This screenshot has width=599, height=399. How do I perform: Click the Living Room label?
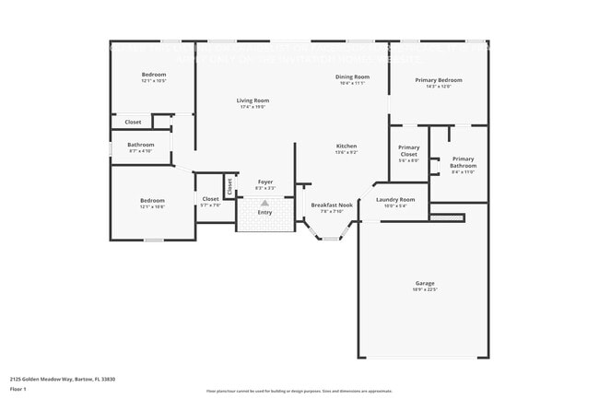coord(253,100)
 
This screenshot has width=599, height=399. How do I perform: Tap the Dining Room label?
coord(352,76)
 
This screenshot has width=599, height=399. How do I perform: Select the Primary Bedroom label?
coord(438,80)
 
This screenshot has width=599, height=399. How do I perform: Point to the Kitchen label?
coord(346,146)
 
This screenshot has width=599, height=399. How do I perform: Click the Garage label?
coord(425,283)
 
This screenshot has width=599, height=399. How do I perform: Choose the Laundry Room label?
coord(395,199)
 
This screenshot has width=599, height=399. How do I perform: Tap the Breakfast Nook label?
coord(332,205)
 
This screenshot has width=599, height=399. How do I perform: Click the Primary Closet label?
coord(408,150)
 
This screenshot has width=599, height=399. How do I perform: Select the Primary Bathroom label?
coord(463,162)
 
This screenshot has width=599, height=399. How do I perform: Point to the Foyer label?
coord(265,182)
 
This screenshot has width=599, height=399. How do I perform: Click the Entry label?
coord(265,212)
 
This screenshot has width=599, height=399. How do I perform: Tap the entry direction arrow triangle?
coord(265,202)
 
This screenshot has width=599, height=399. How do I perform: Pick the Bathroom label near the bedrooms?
coord(141,145)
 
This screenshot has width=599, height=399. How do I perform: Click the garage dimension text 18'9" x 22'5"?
coord(425,289)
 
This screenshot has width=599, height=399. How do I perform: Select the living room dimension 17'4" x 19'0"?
coord(253,107)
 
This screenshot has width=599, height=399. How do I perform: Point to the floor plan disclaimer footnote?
coord(299,391)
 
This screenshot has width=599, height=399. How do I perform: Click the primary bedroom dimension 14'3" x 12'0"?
coord(438,87)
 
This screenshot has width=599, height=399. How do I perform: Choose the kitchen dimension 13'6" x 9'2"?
coord(346,152)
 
